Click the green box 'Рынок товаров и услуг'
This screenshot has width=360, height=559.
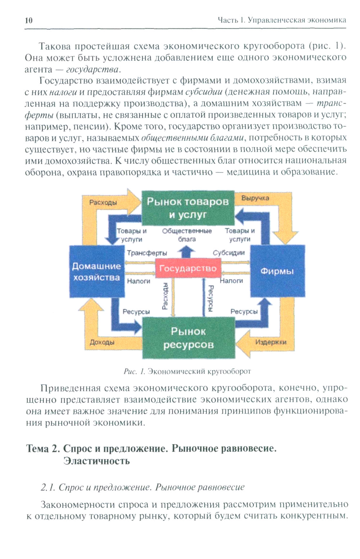188,208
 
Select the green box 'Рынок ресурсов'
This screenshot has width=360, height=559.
188,338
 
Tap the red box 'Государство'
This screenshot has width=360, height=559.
188,269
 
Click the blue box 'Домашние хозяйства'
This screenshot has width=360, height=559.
96,272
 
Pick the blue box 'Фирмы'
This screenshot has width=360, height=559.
277,271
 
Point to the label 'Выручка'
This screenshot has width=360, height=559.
255,198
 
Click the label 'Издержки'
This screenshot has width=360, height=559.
271,342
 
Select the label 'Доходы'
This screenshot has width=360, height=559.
102,342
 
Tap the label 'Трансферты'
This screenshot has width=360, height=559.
147,253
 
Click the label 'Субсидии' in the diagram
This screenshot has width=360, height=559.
229,253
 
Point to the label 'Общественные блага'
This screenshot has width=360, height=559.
187,235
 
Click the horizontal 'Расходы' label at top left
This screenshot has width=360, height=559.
103,202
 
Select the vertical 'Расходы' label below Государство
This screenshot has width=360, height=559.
165,296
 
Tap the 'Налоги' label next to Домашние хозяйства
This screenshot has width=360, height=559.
139,281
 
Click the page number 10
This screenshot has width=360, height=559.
29,21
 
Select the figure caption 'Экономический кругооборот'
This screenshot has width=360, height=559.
199,371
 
